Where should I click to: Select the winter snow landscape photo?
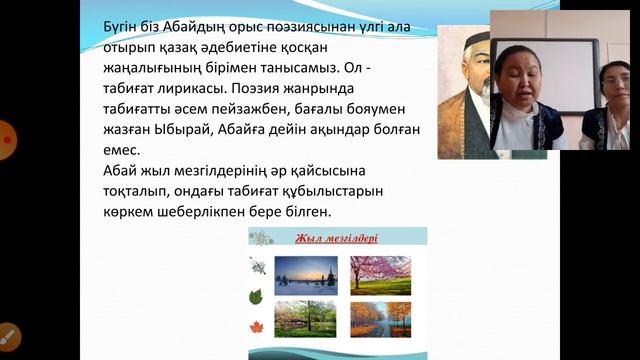pos(306,274)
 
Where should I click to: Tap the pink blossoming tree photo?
pos(380,274)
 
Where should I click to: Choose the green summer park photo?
pos(306,319)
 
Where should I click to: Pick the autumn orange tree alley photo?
pos(380,319)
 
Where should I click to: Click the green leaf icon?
pos(256,297)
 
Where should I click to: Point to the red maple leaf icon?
pos(256,328)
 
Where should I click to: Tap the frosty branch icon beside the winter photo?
pos(257,267)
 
